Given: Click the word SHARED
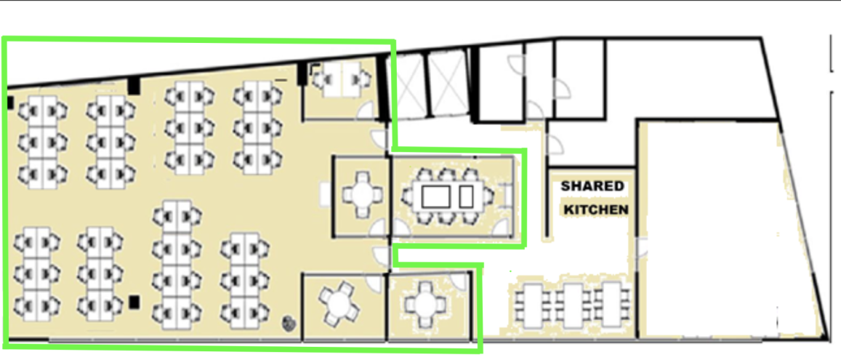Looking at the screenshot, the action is pos(592,187).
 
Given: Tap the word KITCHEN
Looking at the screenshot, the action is pos(595,209).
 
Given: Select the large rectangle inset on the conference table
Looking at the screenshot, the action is pos(435,197).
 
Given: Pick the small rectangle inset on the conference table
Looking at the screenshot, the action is pos(466,197).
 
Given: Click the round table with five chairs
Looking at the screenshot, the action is pos(338,303).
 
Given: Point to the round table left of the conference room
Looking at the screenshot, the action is pos(363,193).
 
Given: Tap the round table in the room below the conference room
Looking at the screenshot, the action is pos(425,304).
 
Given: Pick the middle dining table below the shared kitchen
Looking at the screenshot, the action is pos(571,305).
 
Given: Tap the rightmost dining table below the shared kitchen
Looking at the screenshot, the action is pos(611,304).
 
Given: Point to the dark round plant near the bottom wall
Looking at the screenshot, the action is pos(289,322).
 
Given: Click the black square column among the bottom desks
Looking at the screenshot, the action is pos(134,302).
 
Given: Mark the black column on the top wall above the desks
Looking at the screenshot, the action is pos(133,85).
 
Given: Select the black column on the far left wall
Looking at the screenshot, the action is pos(9,103).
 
